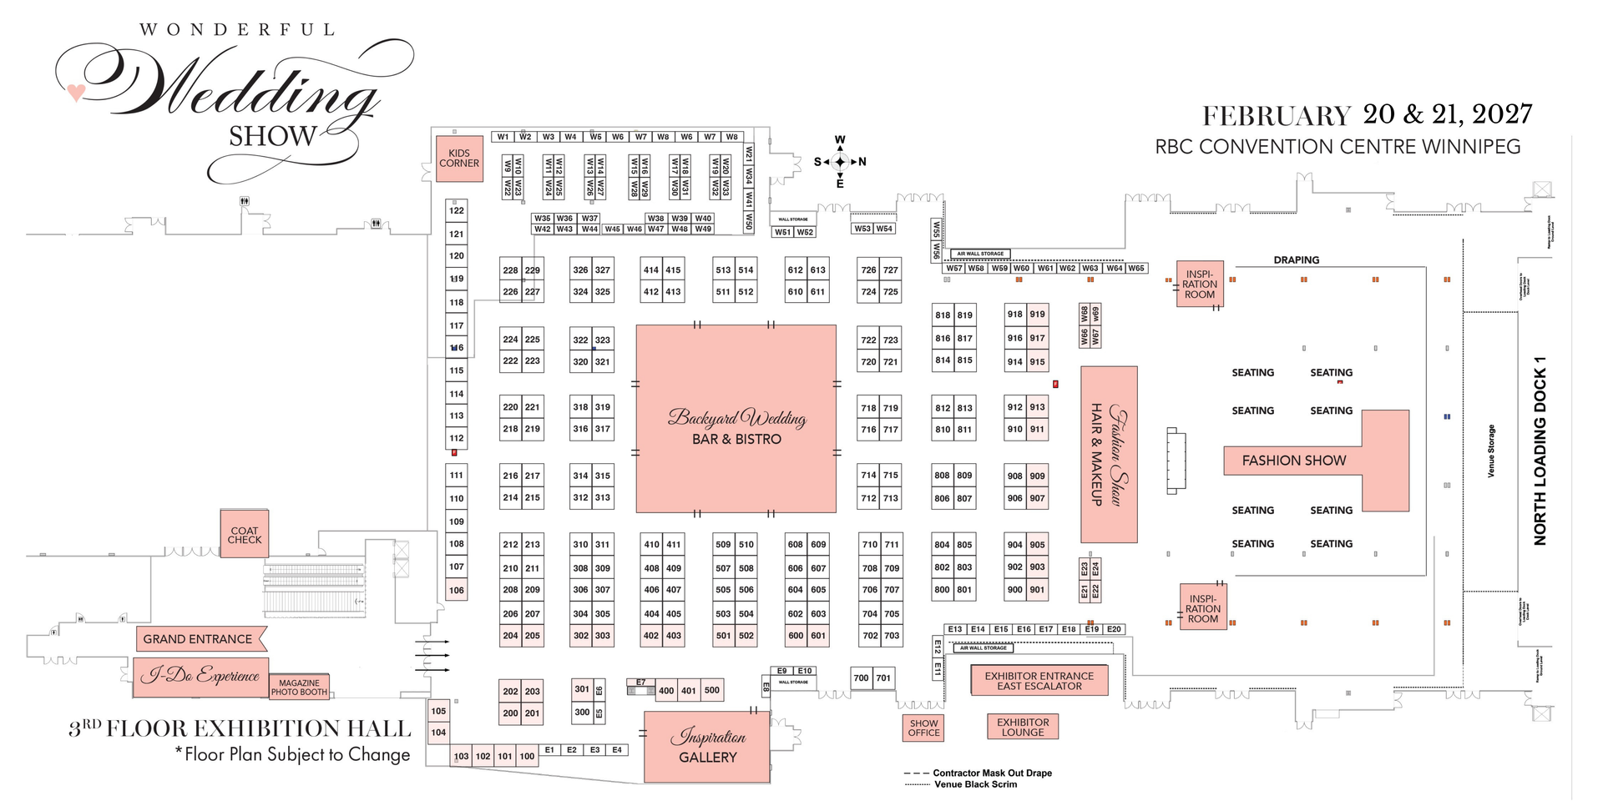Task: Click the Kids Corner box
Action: pos(459,159)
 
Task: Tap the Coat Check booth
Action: pos(245,535)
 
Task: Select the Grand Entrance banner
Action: pos(199,639)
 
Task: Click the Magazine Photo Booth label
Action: pos(299,688)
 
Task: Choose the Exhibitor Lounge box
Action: pos(1023,728)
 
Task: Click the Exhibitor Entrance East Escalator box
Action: pos(1039,681)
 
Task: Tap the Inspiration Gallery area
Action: pos(707,747)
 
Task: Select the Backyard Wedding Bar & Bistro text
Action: pos(736,427)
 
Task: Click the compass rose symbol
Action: pos(840,162)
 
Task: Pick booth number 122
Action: pos(457,210)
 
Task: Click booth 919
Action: pos(1037,315)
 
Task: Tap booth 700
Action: pos(862,678)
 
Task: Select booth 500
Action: pos(711,690)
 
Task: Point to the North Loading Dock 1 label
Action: pos(1540,451)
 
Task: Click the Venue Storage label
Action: pos(1491,451)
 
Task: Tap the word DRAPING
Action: pos(1296,260)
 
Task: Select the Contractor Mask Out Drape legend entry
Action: pos(992,773)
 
